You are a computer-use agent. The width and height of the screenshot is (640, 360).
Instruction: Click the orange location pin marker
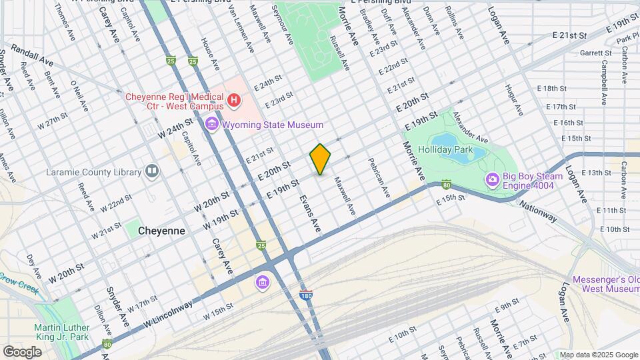[x=321, y=159]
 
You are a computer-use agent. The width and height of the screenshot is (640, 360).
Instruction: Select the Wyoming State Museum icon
[x=212, y=124]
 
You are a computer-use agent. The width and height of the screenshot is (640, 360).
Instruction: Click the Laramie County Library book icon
[x=153, y=172]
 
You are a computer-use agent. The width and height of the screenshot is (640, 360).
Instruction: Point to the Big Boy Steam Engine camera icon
[x=493, y=179]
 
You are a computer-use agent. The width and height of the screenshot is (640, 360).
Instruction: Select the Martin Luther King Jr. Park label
[x=71, y=332]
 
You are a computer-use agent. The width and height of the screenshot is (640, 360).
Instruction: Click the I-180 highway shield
[x=306, y=295]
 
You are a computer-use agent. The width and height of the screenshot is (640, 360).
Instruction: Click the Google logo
[x=23, y=351]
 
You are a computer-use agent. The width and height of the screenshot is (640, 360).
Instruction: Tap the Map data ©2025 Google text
[x=599, y=355]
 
